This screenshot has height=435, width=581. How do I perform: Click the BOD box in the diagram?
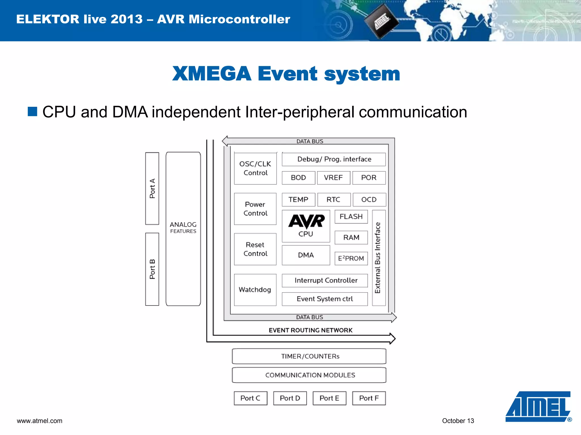click(x=298, y=178)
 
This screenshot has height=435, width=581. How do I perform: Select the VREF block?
click(x=334, y=178)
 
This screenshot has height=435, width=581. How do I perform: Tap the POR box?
click(x=369, y=178)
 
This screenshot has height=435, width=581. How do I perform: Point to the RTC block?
click(x=334, y=200)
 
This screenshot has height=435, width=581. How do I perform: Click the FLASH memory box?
click(x=351, y=217)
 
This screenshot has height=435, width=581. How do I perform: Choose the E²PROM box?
click(x=351, y=258)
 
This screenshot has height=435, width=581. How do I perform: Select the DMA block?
click(x=306, y=255)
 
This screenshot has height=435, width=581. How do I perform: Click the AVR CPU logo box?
click(x=306, y=226)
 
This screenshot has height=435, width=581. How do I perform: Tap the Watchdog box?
click(x=255, y=290)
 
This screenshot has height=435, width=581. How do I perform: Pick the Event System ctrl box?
click(x=325, y=299)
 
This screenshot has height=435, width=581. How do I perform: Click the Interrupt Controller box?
click(x=325, y=280)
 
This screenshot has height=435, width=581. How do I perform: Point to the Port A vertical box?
click(x=152, y=188)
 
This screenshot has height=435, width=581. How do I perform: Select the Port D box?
click(x=290, y=398)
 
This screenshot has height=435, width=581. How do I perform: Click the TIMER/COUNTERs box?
click(x=309, y=356)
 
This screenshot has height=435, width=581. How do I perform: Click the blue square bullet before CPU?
click(x=32, y=112)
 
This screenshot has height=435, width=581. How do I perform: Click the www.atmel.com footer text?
click(x=39, y=421)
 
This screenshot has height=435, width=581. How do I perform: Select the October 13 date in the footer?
click(x=458, y=421)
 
